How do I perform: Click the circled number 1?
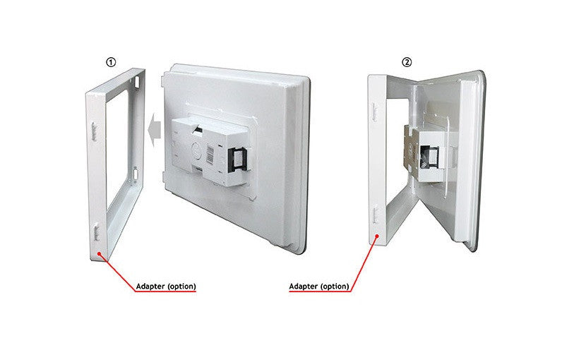click(111, 62)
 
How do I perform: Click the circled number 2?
click(407, 62)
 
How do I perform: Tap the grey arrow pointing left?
click(155, 130)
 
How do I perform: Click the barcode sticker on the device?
click(210, 155)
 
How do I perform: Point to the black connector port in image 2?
click(429, 157)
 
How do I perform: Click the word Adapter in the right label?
click(303, 287)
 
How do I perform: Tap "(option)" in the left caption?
click(181, 287)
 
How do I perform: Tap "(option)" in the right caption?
click(335, 287)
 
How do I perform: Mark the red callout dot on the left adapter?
click(99, 253)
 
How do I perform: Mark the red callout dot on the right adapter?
click(377, 236)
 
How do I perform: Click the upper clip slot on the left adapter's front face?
click(94, 132)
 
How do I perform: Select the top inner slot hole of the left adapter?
click(137, 82)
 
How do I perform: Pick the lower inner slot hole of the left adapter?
click(136, 174)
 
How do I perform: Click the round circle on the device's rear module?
click(197, 149)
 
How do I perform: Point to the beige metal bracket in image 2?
click(412, 150)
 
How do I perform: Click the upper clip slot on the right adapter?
click(374, 112)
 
